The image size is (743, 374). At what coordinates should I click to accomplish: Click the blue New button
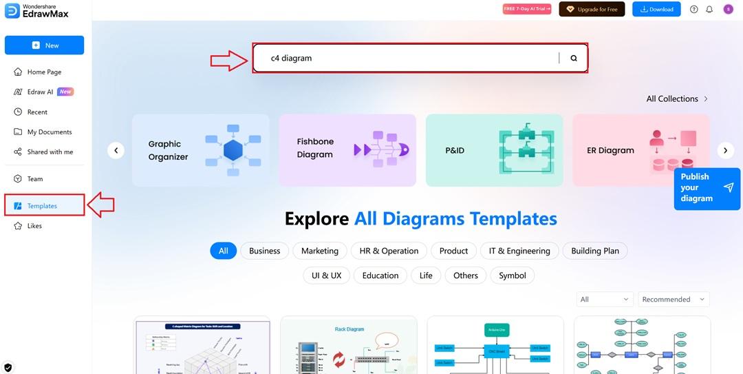point(45,45)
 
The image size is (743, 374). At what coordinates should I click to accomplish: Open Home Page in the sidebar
point(44,72)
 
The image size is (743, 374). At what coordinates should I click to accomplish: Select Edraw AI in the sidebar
point(40,92)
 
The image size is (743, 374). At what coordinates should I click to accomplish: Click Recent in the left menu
point(37,112)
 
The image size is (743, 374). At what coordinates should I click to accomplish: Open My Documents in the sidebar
point(49,132)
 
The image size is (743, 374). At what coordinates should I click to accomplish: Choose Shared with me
point(50,152)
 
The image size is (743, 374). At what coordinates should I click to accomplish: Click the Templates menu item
point(42,206)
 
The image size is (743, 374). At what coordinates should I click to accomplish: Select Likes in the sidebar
point(34,226)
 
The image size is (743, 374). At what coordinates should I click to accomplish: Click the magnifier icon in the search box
point(574,59)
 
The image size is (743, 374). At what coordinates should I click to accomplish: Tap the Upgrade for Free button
point(592,10)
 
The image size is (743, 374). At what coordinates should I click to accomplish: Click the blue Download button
point(656,10)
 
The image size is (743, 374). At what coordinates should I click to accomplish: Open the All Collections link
point(677,98)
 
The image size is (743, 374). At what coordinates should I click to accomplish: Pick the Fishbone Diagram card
point(347,150)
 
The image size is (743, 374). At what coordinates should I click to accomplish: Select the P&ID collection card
point(494,150)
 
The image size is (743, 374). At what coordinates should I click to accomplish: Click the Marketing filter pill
point(320,251)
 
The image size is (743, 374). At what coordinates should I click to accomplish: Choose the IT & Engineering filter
point(519,251)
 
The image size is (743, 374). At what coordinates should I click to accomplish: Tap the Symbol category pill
point(513,276)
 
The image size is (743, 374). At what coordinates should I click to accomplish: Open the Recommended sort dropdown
point(674,299)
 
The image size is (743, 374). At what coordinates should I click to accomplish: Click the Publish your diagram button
point(707,188)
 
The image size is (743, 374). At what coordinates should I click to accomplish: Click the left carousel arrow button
point(116,150)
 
